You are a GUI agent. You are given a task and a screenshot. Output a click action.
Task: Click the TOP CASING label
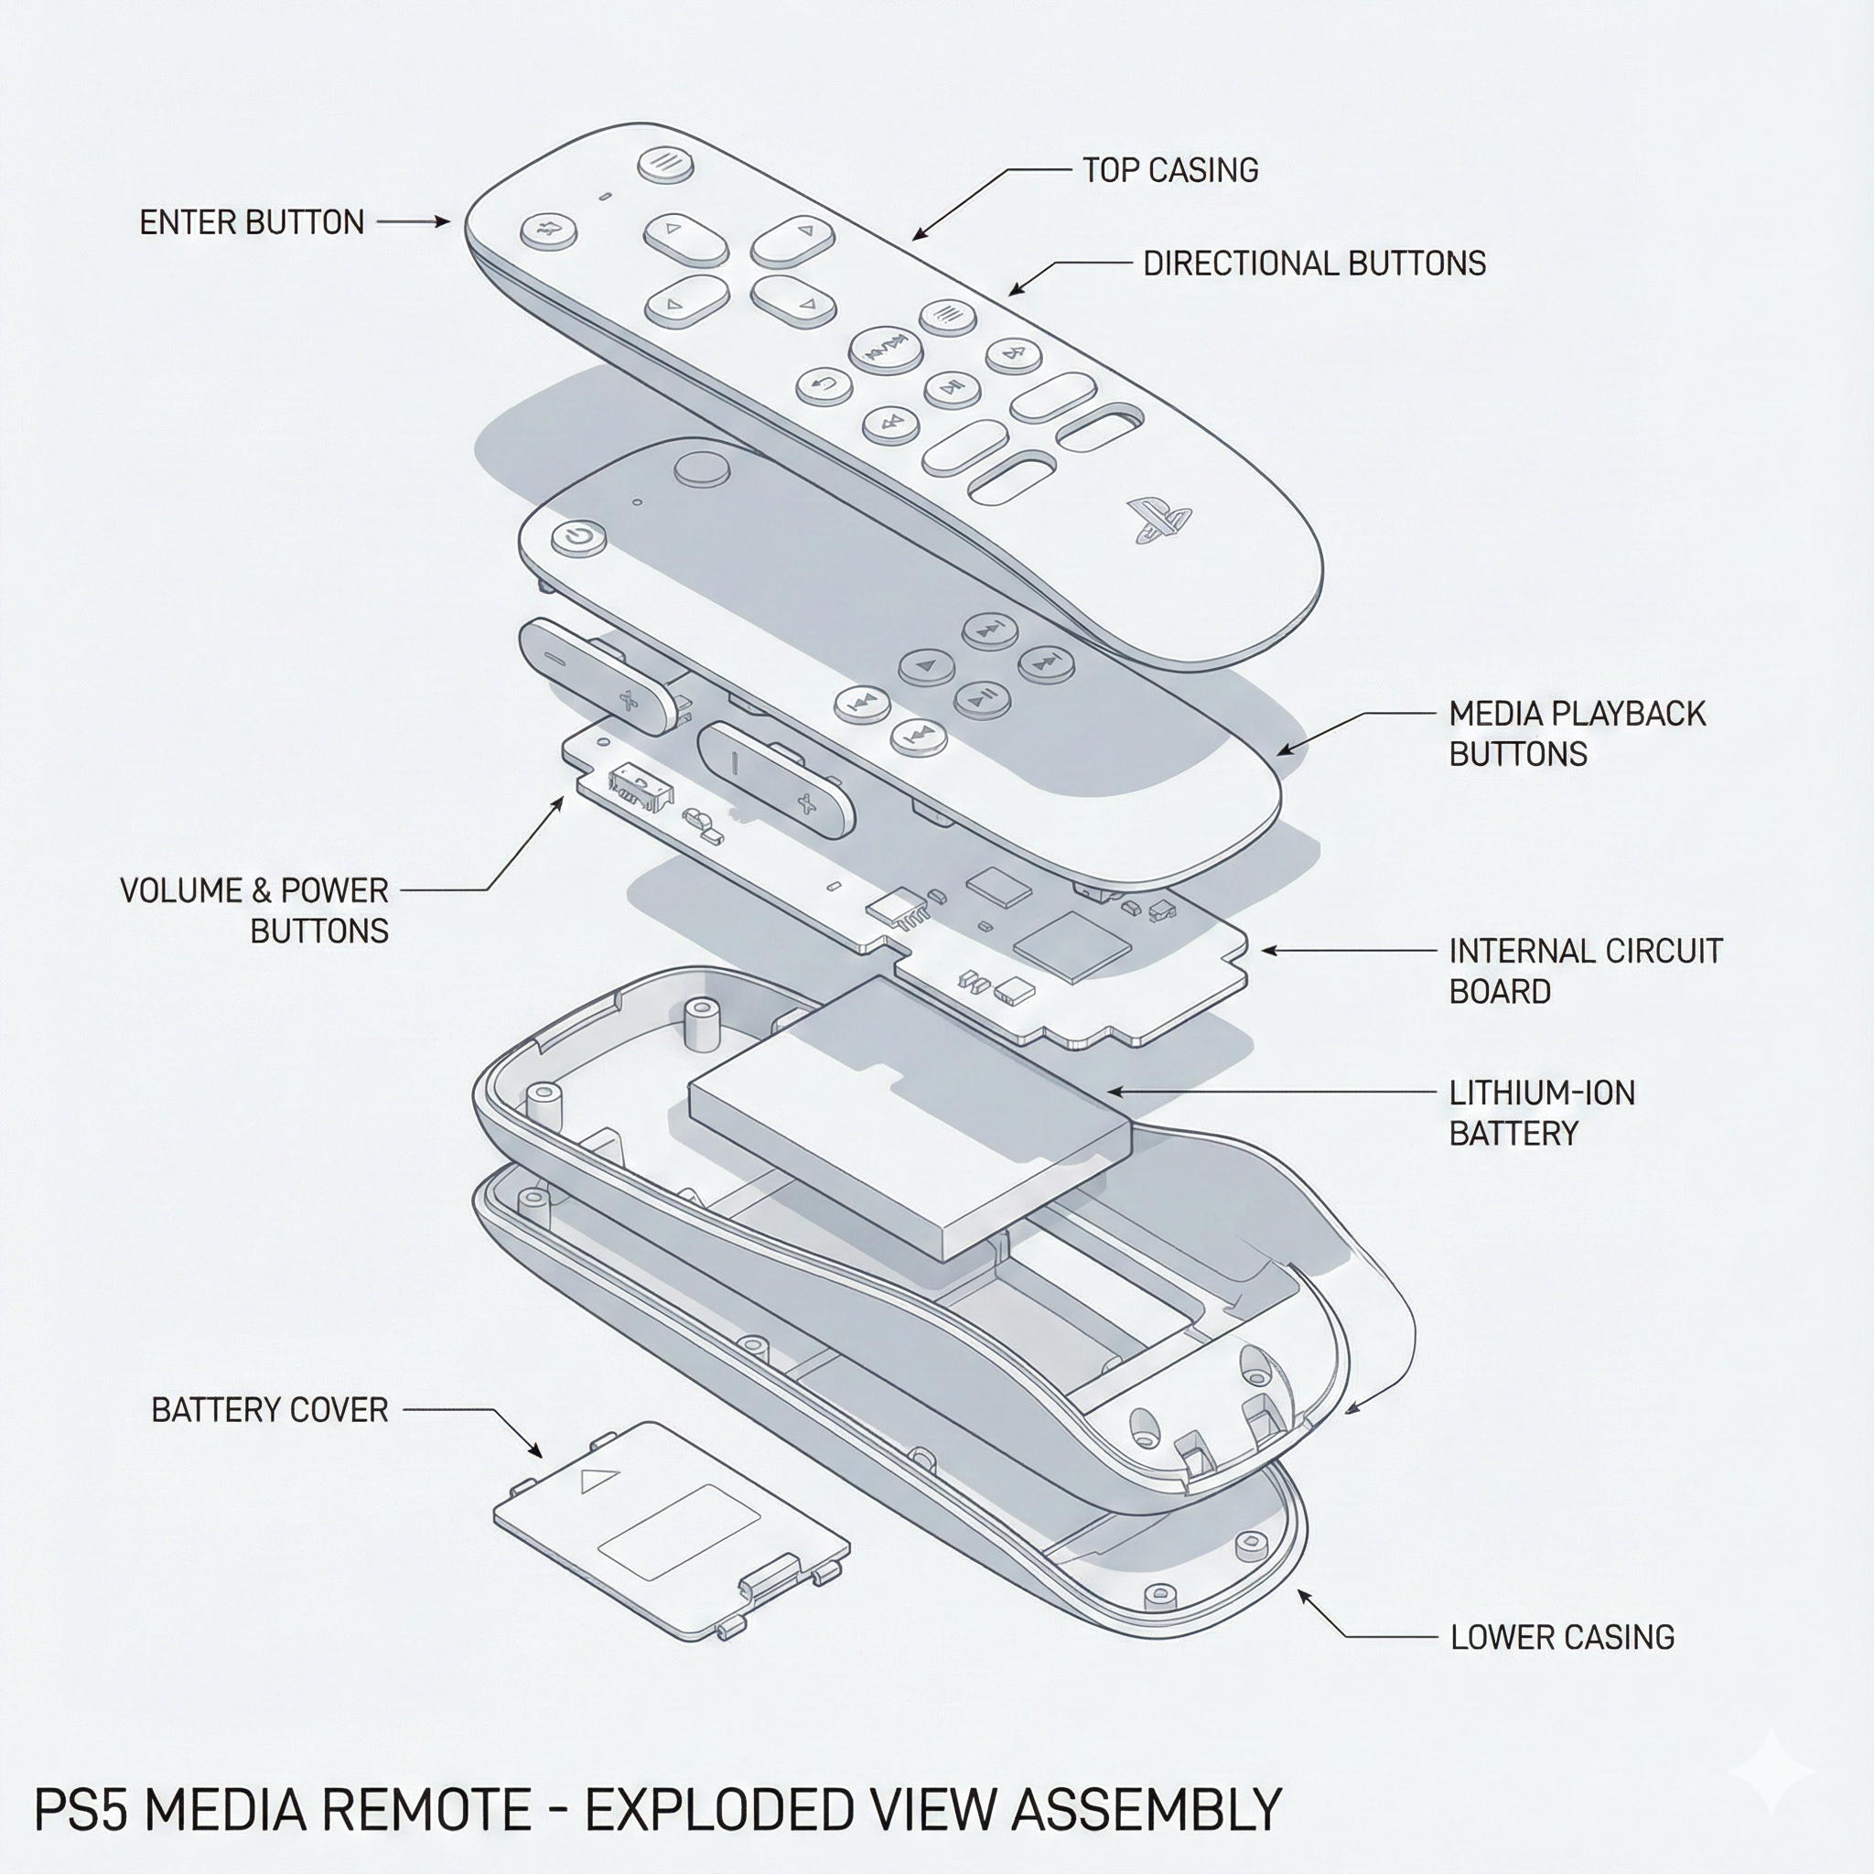click(1169, 171)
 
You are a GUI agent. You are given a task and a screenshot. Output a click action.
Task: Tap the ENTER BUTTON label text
click(252, 222)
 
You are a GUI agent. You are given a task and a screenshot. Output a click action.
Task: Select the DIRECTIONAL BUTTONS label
click(1313, 264)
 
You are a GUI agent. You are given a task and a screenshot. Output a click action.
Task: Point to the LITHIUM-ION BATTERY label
click(1541, 1113)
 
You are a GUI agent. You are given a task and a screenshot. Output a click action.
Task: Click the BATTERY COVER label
click(270, 1409)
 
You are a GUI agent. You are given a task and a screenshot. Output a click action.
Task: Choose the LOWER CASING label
click(1562, 1637)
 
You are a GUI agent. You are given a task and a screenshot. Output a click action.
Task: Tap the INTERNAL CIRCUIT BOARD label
click(1585, 971)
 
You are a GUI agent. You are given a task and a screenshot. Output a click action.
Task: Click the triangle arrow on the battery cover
click(598, 1481)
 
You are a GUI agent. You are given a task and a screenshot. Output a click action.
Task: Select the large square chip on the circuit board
click(1072, 942)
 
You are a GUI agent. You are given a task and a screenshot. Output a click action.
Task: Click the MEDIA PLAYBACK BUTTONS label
click(1577, 733)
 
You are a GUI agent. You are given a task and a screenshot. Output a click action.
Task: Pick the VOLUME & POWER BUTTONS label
click(254, 910)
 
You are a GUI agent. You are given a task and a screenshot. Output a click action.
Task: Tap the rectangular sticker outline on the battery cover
click(679, 1530)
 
